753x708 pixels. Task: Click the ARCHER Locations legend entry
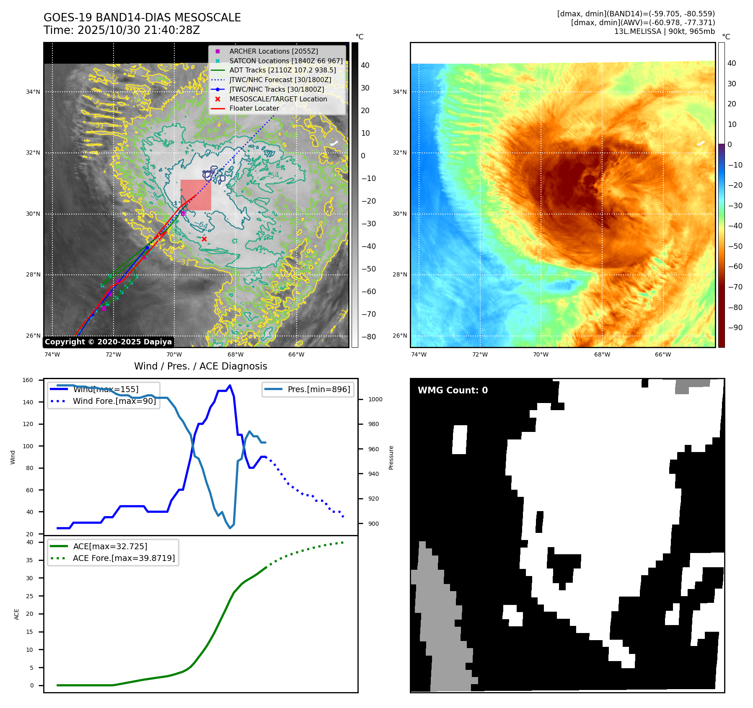point(273,51)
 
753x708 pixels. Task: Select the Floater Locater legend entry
point(254,108)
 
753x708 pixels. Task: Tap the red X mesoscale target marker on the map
point(204,239)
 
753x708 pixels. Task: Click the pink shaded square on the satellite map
point(196,195)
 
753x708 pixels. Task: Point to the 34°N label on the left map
point(33,92)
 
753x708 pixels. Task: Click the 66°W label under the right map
point(663,354)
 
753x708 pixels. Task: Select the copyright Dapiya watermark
point(108,342)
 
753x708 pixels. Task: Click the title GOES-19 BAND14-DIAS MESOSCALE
point(142,18)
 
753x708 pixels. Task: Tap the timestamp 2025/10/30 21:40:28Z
point(139,30)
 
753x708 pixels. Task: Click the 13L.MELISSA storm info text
point(664,31)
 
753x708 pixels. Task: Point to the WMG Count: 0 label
point(453,390)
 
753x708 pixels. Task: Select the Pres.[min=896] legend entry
point(318,389)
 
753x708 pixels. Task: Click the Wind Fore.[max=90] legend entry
point(114,401)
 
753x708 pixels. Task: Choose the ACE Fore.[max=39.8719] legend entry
point(124,558)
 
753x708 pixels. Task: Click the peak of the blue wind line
point(230,385)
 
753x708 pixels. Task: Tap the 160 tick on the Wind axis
point(28,380)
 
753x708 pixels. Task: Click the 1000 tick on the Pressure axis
point(375,399)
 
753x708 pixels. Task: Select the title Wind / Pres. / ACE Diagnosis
point(200,366)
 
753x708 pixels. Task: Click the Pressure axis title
point(391,457)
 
